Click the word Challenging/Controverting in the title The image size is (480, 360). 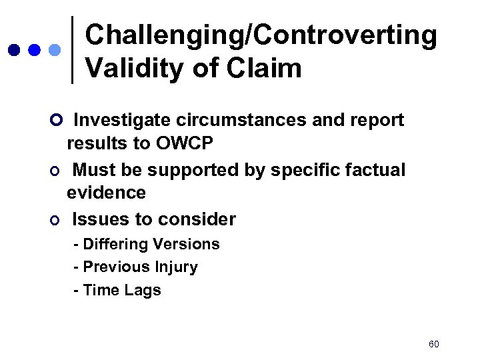(261, 37)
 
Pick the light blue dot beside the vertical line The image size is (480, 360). (55, 50)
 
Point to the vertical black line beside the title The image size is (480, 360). (72, 50)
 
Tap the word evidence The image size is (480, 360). (106, 193)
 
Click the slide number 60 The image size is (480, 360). (434, 344)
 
